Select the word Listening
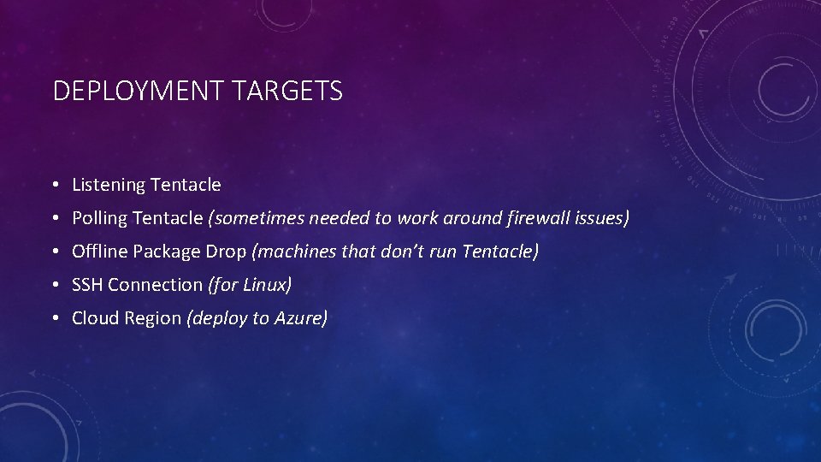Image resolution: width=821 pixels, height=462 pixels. (109, 185)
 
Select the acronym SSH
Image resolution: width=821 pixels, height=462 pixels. (88, 285)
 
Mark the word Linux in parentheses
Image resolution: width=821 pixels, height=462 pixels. (268, 285)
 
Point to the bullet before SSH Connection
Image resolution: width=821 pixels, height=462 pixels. (54, 285)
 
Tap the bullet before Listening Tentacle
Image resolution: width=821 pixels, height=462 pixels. (54, 185)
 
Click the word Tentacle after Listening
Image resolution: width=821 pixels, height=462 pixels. (186, 185)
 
